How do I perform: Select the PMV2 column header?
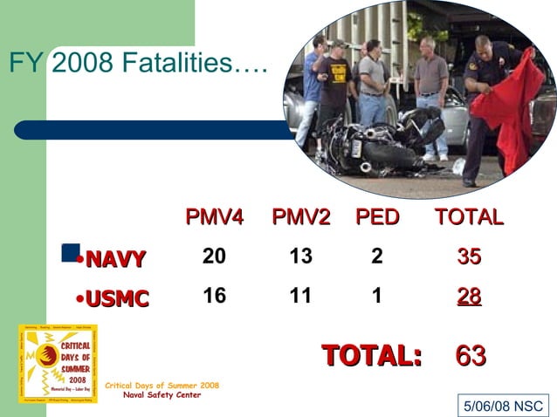click(x=300, y=217)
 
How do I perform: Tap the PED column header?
click(x=376, y=217)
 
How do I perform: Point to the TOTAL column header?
click(x=469, y=217)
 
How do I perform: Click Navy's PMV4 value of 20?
click(x=214, y=256)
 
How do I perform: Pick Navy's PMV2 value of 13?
click(x=300, y=256)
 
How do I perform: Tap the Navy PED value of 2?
click(x=376, y=256)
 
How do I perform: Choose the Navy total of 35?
click(x=469, y=256)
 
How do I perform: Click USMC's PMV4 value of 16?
click(x=214, y=296)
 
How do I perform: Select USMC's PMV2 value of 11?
click(x=300, y=296)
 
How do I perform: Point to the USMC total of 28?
click(x=469, y=297)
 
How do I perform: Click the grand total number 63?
click(x=471, y=355)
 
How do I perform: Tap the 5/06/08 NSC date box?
click(x=503, y=406)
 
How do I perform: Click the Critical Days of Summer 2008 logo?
click(x=58, y=364)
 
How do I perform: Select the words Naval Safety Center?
click(x=162, y=395)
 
